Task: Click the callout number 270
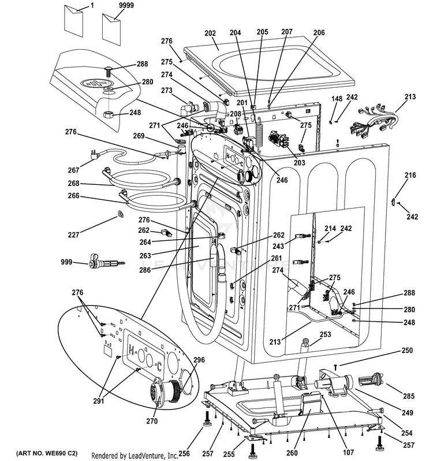151,421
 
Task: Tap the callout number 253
325,334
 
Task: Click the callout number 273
167,90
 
